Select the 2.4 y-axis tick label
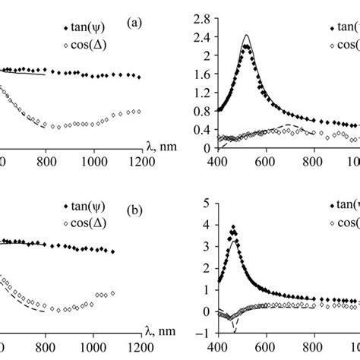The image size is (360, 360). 200,36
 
